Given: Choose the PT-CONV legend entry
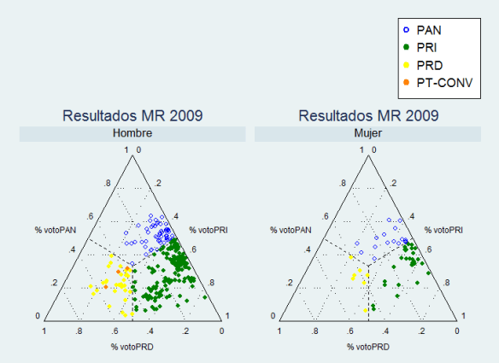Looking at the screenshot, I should (x=441, y=83).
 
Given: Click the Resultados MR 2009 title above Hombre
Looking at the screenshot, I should (x=132, y=115).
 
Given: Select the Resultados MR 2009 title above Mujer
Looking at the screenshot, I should (x=367, y=115).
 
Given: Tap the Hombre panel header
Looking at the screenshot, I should (x=132, y=133).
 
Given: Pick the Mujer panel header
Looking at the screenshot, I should (x=367, y=133).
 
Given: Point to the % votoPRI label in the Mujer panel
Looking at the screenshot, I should (x=446, y=230).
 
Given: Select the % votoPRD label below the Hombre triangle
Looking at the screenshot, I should (x=132, y=346).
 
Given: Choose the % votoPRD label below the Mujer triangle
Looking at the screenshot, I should (x=368, y=346).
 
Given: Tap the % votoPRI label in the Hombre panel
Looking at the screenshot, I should (x=210, y=230).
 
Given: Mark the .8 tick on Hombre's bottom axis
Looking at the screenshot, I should (x=79, y=330).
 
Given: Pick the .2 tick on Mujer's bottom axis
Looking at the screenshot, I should (x=422, y=330).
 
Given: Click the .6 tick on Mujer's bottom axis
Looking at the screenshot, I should (x=350, y=330).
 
